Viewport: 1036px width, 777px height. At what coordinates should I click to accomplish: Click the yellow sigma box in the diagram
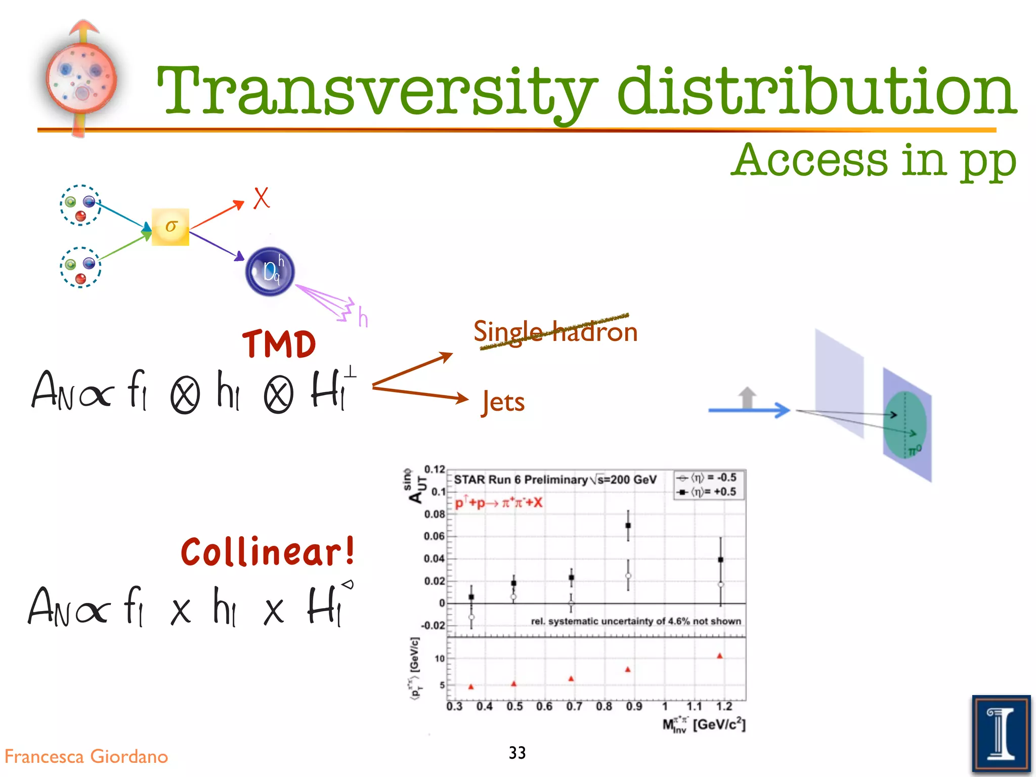coord(170,227)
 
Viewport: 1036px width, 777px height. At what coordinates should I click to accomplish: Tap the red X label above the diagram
coord(261,198)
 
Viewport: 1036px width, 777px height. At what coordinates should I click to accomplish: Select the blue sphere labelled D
coord(270,272)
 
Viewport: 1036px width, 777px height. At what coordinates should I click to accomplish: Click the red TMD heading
coord(279,344)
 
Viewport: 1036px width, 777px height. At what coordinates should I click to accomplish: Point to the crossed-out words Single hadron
coord(555,332)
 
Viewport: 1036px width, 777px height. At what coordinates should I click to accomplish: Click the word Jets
coord(503,402)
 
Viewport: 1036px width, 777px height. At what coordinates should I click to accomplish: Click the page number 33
coord(517,753)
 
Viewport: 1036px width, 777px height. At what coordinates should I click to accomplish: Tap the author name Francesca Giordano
coord(86,757)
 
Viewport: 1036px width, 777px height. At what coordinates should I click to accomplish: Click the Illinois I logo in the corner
coord(1001,734)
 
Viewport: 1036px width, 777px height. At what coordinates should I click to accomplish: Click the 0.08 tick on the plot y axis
coord(434,514)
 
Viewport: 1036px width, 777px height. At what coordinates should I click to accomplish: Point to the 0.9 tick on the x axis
coord(634,706)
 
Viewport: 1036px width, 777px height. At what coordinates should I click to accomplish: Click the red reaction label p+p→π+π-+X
coord(498,503)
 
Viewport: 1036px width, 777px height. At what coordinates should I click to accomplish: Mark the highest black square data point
coord(628,526)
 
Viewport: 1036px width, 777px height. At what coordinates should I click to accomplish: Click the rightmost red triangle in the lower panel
coord(720,656)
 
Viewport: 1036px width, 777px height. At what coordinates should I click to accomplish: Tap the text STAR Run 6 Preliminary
coord(521,480)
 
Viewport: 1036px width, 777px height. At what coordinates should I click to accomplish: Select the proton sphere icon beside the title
coord(81,78)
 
